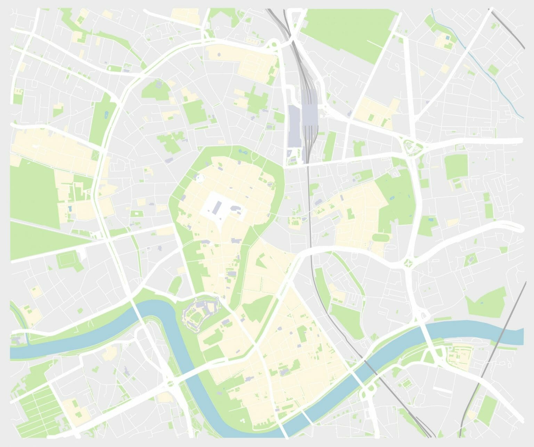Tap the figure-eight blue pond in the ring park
[x=242, y=152]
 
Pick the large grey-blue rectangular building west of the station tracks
[x=294, y=126]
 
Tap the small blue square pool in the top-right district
[x=447, y=37]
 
